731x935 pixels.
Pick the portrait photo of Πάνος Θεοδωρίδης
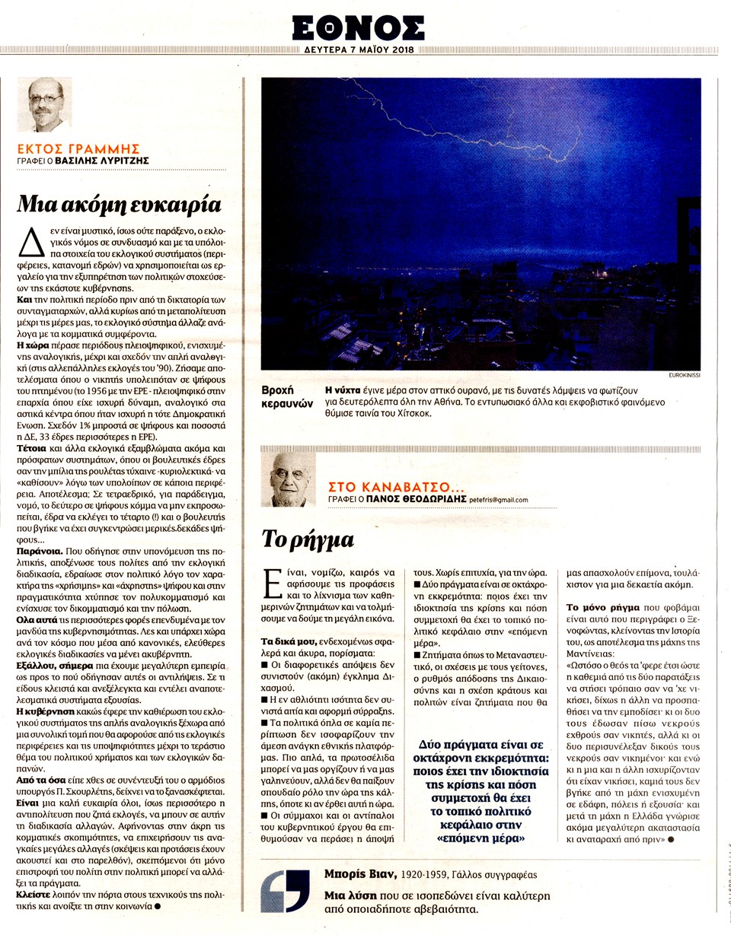(x=289, y=479)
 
